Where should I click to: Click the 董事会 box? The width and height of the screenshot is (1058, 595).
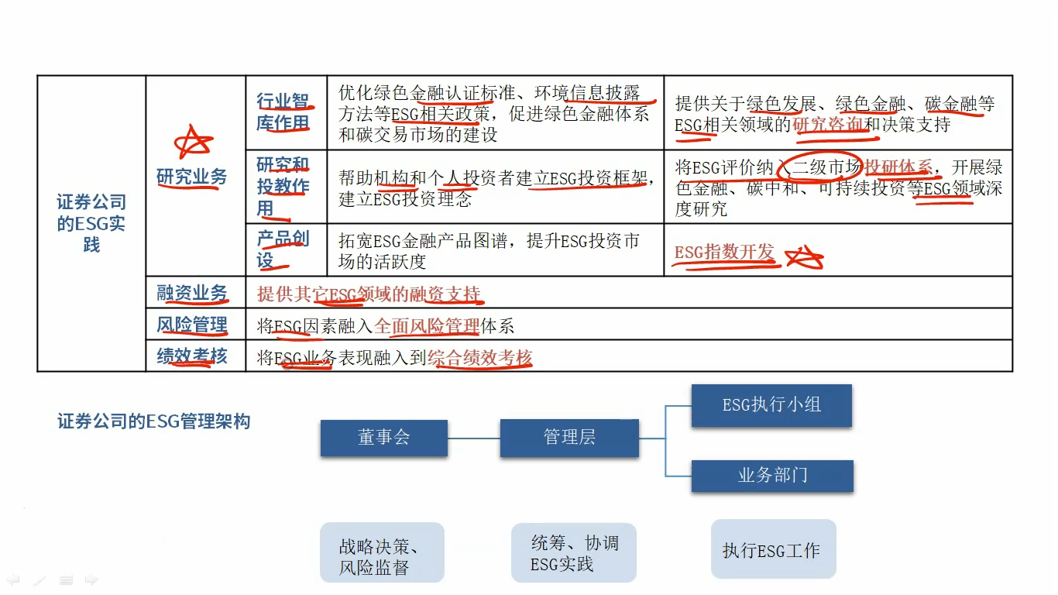pyautogui.click(x=384, y=438)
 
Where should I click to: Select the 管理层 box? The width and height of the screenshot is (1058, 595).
pyautogui.click(x=569, y=438)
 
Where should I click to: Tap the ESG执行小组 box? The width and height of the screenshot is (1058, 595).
pyautogui.click(x=771, y=405)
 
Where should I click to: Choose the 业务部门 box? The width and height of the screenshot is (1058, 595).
pyautogui.click(x=773, y=476)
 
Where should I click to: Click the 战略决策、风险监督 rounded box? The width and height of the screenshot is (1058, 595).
pyautogui.click(x=382, y=552)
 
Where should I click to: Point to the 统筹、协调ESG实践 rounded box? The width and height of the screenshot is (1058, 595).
pyautogui.click(x=574, y=552)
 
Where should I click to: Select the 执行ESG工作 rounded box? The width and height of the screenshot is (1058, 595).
pyautogui.click(x=774, y=549)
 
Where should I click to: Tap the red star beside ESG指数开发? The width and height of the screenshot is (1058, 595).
pyautogui.click(x=804, y=257)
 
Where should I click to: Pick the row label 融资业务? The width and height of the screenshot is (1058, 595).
pyautogui.click(x=192, y=293)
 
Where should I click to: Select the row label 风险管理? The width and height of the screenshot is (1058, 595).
pyautogui.click(x=192, y=325)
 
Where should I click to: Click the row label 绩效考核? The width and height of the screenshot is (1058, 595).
pyautogui.click(x=192, y=356)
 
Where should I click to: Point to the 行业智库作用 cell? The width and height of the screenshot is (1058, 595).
pyautogui.click(x=283, y=112)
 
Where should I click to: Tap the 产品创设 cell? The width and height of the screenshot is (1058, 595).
pyautogui.click(x=283, y=249)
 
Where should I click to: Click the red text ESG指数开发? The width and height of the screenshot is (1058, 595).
pyautogui.click(x=724, y=252)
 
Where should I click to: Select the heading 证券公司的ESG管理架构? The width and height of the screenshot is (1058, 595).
pyautogui.click(x=153, y=421)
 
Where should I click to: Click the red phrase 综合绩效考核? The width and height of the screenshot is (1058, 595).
pyautogui.click(x=480, y=358)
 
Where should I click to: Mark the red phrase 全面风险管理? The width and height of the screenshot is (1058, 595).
pyautogui.click(x=427, y=326)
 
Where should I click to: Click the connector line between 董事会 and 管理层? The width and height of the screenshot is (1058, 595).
pyautogui.click(x=474, y=439)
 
